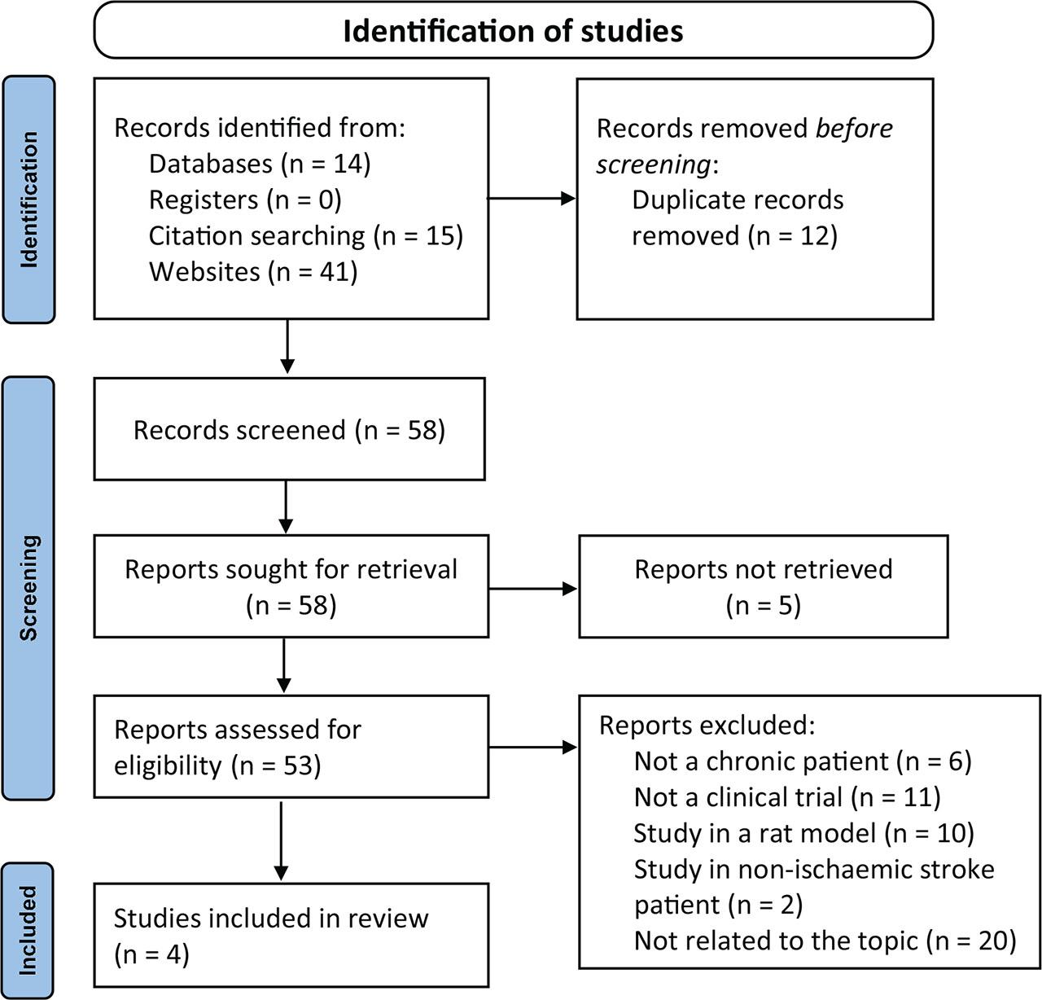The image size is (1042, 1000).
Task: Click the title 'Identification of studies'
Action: [x=513, y=31]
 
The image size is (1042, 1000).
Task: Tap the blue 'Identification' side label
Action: [x=29, y=200]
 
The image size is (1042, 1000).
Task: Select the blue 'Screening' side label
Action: [x=29, y=587]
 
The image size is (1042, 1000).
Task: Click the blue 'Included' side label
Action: [x=29, y=930]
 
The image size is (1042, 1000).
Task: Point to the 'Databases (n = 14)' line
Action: [x=259, y=164]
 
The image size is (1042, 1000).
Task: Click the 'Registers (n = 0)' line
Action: [x=244, y=200]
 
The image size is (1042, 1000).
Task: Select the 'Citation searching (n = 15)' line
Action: [x=305, y=235]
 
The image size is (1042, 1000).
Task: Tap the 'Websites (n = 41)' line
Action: [x=252, y=271]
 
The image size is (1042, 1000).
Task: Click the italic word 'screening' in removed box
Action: [x=654, y=164]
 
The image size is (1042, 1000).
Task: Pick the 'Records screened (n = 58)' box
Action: [x=289, y=429]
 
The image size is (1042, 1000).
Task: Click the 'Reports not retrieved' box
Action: [x=763, y=586]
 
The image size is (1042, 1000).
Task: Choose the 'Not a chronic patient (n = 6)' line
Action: [x=803, y=761]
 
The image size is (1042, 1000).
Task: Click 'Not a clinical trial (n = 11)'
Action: [x=786, y=796]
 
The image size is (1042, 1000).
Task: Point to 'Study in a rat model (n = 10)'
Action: [x=803, y=832]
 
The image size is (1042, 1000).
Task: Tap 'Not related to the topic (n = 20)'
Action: [x=825, y=941]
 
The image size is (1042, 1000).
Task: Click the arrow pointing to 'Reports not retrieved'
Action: [x=533, y=588]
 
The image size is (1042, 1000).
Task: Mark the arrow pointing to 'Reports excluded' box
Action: [x=533, y=746]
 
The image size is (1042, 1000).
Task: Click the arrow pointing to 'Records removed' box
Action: [x=532, y=199]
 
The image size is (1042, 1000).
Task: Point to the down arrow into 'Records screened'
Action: [x=287, y=347]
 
